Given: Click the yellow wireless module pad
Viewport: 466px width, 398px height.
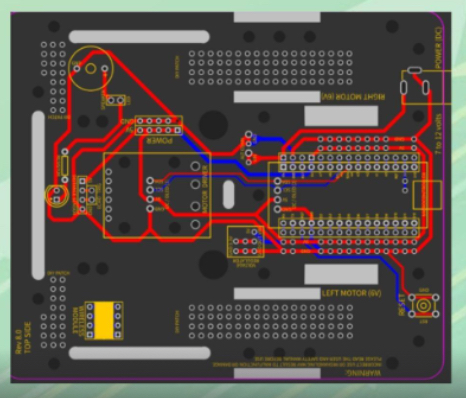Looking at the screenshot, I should point(104,319).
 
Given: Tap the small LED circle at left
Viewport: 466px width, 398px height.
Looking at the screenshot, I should point(56,194).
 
